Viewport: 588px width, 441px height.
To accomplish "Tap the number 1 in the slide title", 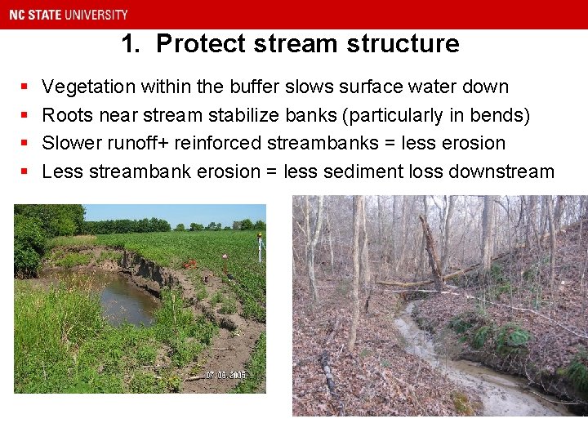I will pos(129,43).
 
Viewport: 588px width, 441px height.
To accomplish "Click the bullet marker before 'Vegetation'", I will pos(24,87).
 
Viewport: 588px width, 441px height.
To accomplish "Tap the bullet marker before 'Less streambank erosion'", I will pos(24,171).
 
